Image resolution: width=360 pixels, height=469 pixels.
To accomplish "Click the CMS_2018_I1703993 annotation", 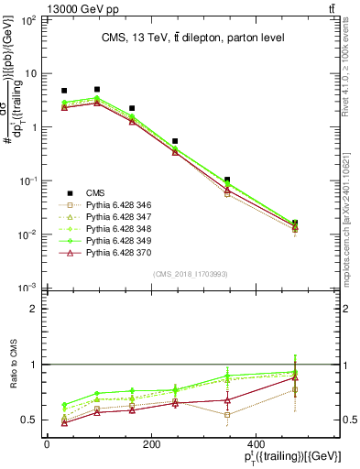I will coord(191,274).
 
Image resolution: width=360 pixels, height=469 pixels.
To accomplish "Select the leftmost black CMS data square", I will coord(64,92).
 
